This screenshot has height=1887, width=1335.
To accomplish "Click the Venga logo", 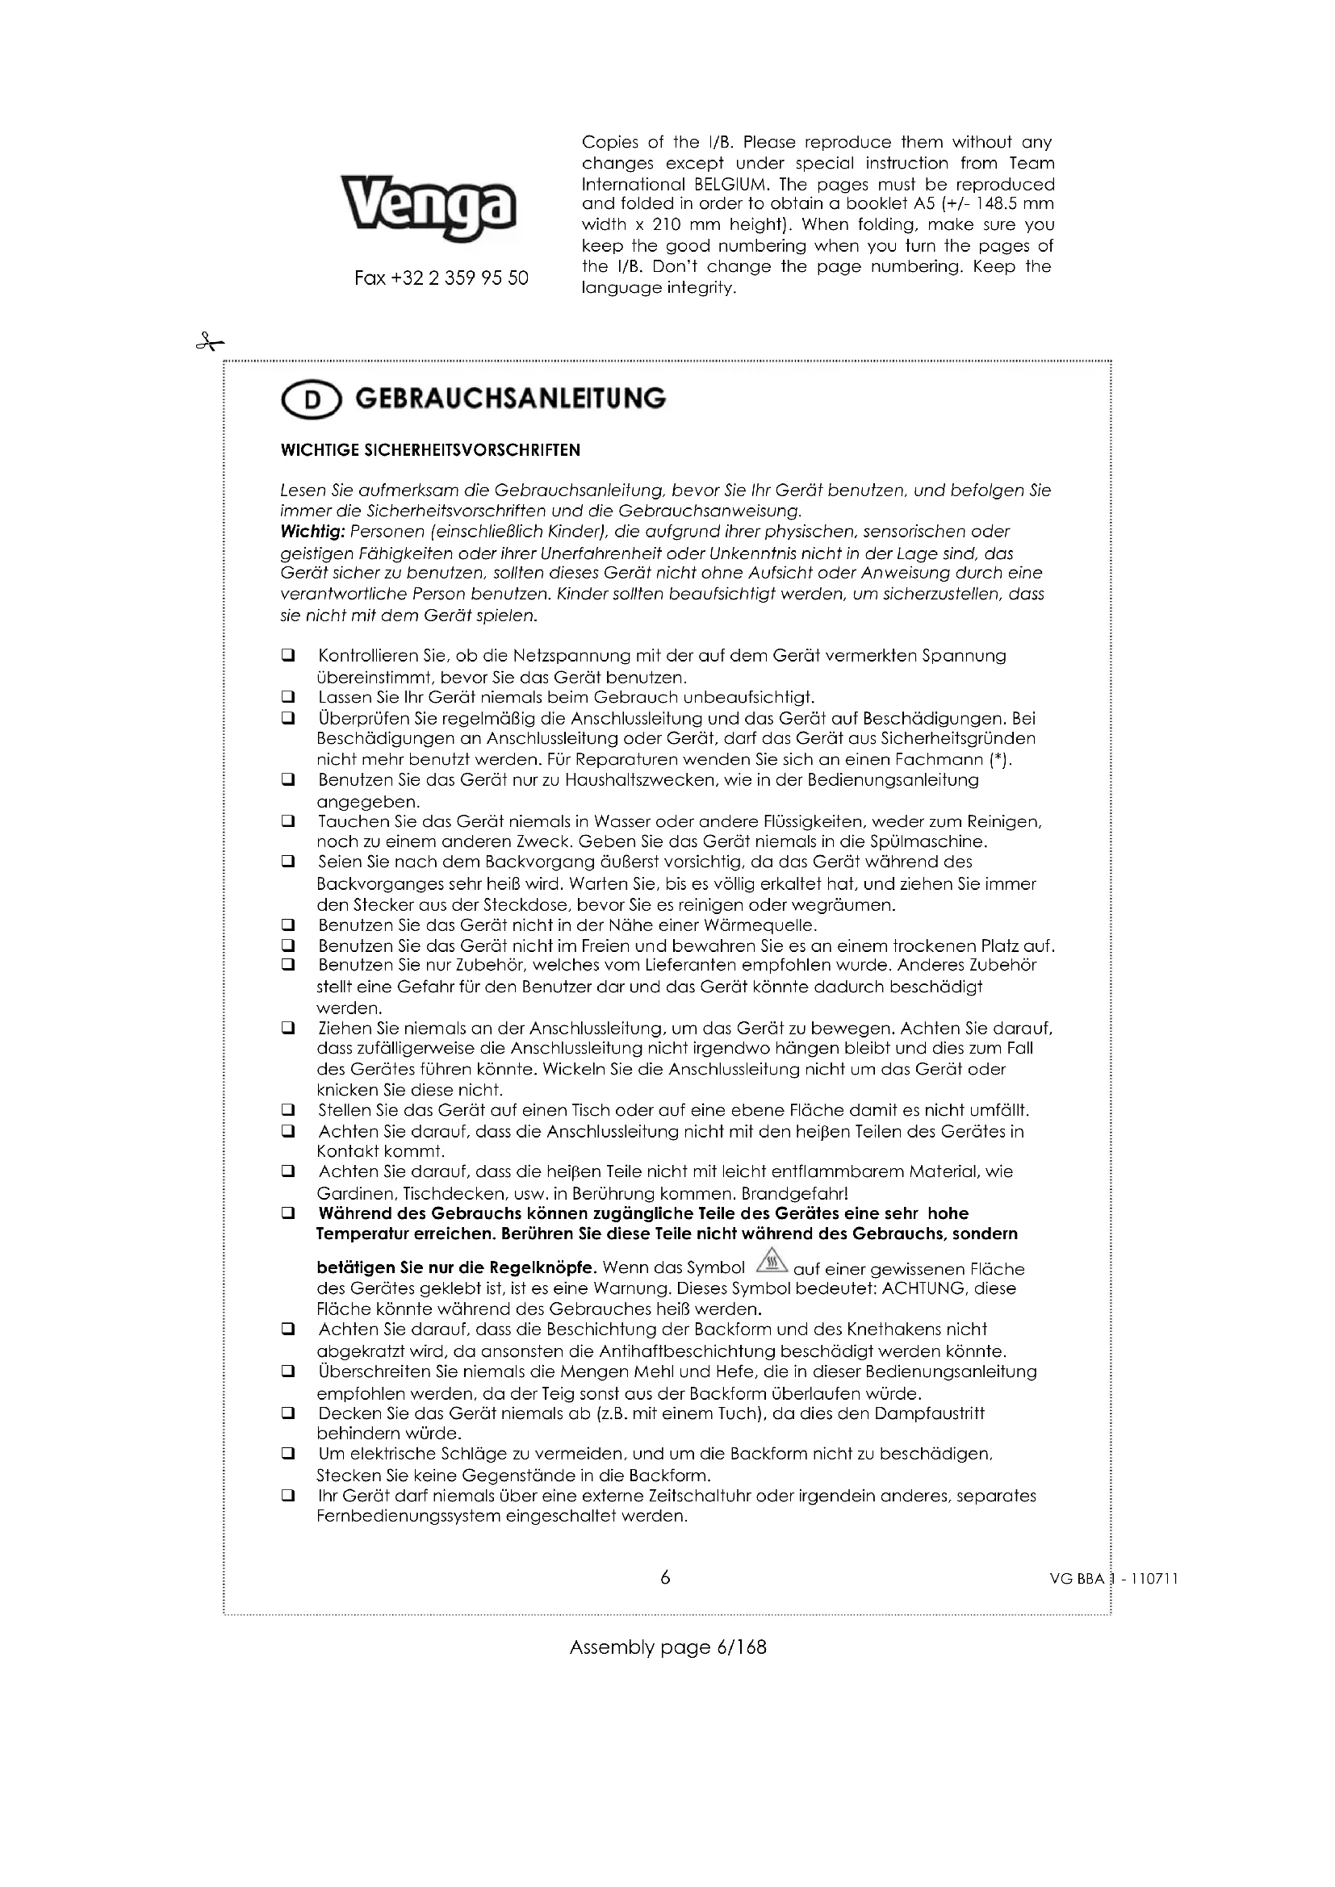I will point(429,207).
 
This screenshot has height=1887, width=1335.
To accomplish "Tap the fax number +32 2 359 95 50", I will point(442,278).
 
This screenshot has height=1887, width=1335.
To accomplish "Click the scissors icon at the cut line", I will point(210,342).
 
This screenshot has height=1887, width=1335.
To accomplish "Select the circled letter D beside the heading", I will point(311,400).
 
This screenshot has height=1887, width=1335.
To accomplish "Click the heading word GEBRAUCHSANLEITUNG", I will point(510,399).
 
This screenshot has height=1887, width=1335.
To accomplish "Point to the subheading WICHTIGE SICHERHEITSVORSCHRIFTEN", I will point(430,450).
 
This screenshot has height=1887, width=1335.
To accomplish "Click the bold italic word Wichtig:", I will point(312,531).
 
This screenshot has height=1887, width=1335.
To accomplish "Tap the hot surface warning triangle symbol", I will point(769,1259).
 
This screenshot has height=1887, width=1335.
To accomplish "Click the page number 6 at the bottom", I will point(665,1577).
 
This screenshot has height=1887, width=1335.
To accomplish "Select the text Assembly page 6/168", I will point(667,1647).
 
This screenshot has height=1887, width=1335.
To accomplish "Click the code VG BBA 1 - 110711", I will point(1114,1578).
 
